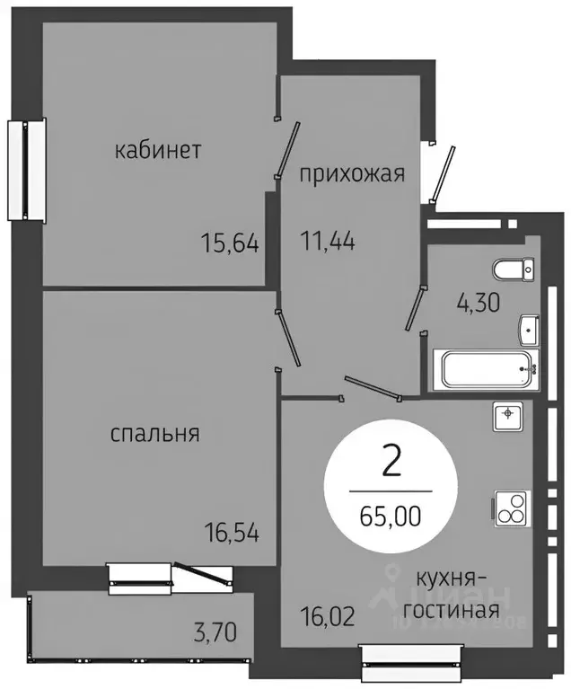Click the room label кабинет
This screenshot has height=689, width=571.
[157, 150]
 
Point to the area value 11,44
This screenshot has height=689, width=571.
[327, 241]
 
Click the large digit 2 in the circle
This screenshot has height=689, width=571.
[391, 463]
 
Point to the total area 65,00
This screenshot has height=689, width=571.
[391, 516]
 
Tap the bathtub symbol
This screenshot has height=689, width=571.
[485, 369]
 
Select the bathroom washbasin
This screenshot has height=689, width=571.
[528, 331]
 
